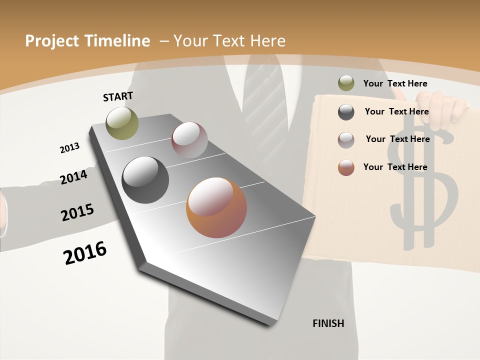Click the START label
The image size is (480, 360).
[x=118, y=96]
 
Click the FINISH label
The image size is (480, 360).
[x=328, y=323]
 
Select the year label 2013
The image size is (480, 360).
[x=69, y=148]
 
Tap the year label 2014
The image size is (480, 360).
[x=73, y=177]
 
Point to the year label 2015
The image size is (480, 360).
[x=77, y=212]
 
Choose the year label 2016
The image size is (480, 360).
[x=85, y=253]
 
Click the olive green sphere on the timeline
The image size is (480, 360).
[x=122, y=123]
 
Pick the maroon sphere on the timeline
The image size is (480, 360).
[x=189, y=140]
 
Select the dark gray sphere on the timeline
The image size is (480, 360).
[x=145, y=180]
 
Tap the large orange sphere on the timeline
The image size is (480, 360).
[x=216, y=207]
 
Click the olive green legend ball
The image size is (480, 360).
[x=346, y=83]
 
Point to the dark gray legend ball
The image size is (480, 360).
[x=346, y=112]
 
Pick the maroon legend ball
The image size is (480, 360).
[x=346, y=140]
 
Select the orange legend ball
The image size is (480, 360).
[x=346, y=167]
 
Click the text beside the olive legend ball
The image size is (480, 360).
[x=395, y=83]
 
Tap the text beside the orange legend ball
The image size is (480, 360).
[x=395, y=167]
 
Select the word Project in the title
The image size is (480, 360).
[x=51, y=41]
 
